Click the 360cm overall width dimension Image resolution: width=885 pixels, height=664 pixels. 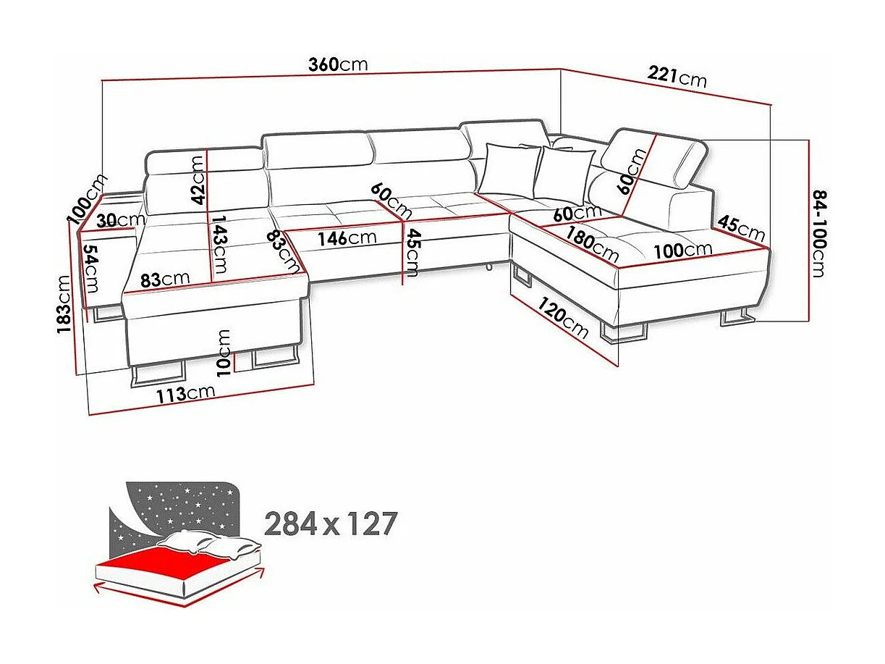(338, 64)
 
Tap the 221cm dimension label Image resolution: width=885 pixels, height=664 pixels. (677, 75)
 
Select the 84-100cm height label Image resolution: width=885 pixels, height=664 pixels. (818, 234)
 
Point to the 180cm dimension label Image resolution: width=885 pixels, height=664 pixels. (593, 245)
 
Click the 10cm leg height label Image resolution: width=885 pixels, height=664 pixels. (224, 352)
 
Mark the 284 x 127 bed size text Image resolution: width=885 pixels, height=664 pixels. (331, 523)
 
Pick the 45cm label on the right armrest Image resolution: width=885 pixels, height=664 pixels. (742, 229)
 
